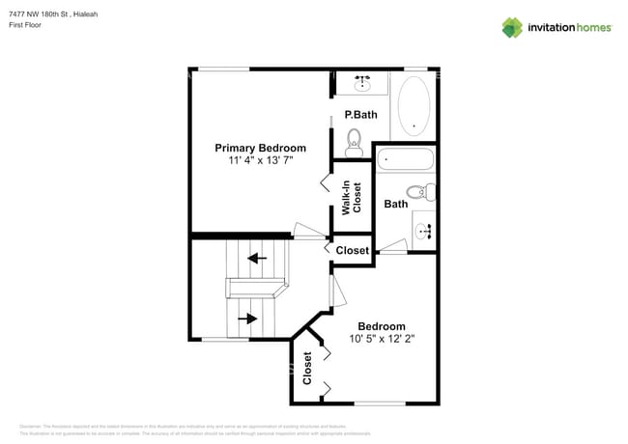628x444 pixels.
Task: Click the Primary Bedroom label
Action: click(260, 148)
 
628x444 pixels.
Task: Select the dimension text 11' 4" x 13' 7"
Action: click(260, 161)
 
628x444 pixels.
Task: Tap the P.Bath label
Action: click(359, 115)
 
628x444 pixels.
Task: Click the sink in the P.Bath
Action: click(363, 83)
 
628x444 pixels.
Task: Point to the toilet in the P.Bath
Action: click(354, 140)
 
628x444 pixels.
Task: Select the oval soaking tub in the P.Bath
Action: click(414, 105)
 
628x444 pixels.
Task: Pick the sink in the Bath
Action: click(424, 230)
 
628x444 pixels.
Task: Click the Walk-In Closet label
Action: click(351, 197)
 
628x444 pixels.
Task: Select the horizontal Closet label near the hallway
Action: click(353, 250)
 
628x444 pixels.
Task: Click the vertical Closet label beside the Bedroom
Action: click(307, 368)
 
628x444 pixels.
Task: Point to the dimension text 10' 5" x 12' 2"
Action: click(382, 339)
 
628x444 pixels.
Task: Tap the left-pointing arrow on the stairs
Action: click(257, 258)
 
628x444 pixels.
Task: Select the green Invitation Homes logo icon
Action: click(512, 27)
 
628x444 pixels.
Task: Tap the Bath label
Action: click(395, 204)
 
